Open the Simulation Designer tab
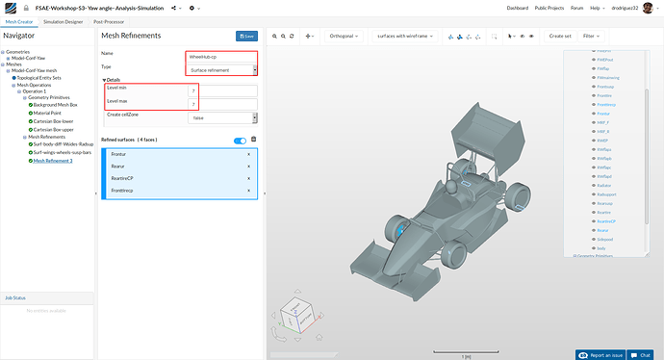[64, 20]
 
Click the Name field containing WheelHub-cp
[221, 55]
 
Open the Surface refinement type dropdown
[221, 69]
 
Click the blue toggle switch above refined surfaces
[240, 141]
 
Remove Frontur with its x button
[248, 154]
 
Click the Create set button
[560, 36]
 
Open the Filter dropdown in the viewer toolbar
[596, 36]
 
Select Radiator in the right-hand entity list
[605, 186]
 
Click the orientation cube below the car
[299, 313]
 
